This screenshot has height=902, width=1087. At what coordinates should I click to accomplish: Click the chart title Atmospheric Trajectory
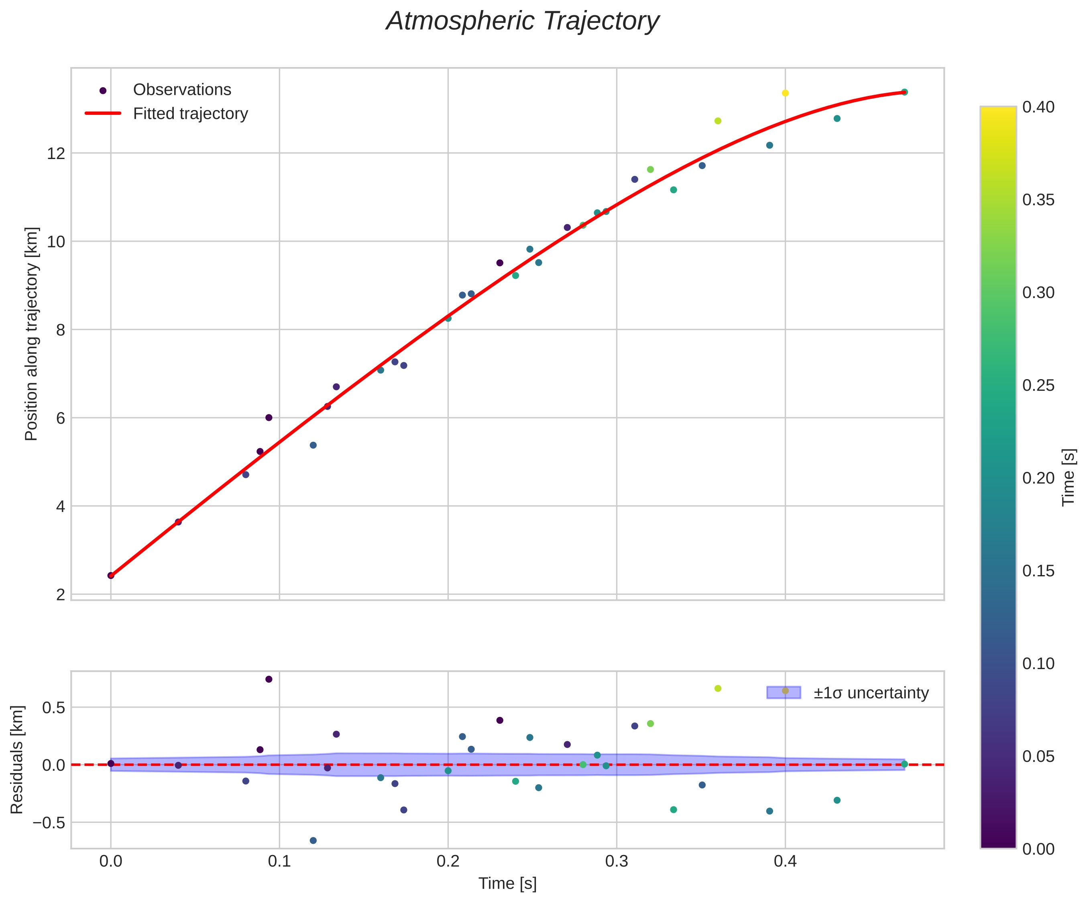click(x=522, y=22)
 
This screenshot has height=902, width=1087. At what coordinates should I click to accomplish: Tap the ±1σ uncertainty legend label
click(x=871, y=693)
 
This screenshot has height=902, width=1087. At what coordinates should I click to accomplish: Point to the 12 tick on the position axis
click(x=57, y=153)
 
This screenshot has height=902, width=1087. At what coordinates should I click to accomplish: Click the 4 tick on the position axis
click(x=60, y=506)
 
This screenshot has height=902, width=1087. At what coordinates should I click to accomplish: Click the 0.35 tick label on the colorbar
click(x=1038, y=200)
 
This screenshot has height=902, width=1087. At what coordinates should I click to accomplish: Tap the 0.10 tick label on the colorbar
click(x=1038, y=664)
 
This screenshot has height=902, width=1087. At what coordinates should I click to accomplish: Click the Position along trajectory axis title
click(x=32, y=334)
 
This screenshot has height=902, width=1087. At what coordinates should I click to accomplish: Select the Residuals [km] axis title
click(x=17, y=759)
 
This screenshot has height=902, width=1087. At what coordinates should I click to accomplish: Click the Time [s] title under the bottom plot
click(x=507, y=884)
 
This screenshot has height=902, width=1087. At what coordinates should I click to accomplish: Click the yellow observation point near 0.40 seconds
click(x=785, y=93)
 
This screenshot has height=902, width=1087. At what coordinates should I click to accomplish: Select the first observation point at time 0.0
click(x=111, y=575)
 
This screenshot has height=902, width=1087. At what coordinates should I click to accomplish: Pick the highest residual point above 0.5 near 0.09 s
click(x=269, y=680)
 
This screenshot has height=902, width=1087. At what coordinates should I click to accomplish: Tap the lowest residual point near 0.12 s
click(x=313, y=841)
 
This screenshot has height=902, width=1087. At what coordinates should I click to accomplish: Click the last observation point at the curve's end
click(x=904, y=92)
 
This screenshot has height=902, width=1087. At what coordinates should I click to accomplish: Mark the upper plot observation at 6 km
click(x=269, y=417)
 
